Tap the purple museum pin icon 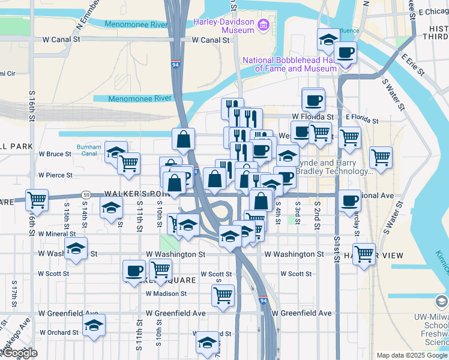pyautogui.click(x=263, y=26)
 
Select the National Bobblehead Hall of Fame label pyautogui.click(x=289, y=64)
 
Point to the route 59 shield pyautogui.click(x=86, y=195)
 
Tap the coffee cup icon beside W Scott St pyautogui.click(x=134, y=270)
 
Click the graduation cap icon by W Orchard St pyautogui.click(x=94, y=325)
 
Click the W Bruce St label pyautogui.click(x=55, y=154)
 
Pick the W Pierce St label pyautogui.click(x=55, y=175)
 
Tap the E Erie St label pyautogui.click(x=414, y=65)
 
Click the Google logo pyautogui.click(x=20, y=353)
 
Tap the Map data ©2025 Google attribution pyautogui.click(x=411, y=355)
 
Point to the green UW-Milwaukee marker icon pyautogui.click(x=441, y=301)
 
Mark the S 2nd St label pyautogui.click(x=316, y=211)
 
